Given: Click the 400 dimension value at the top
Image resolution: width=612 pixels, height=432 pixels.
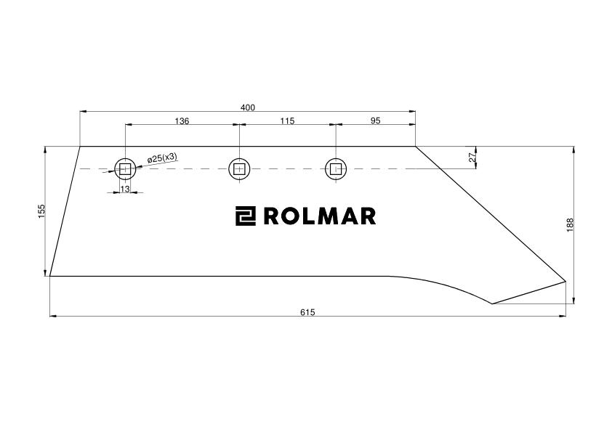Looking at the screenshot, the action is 248,107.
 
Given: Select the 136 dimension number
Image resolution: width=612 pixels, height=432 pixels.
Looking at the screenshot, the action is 182,121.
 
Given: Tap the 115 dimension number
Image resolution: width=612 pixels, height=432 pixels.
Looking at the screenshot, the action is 287,121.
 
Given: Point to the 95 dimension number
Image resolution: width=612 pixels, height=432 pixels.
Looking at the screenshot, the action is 375,121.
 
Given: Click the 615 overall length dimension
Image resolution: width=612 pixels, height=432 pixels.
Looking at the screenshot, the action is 307,312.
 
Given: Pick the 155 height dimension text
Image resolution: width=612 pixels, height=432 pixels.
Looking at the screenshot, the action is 41,211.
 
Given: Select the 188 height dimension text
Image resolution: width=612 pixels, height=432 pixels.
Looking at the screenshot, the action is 570,225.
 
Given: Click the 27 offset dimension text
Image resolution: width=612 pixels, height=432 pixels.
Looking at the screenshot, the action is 472,158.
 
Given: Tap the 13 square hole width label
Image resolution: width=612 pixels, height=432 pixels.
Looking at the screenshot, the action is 125,189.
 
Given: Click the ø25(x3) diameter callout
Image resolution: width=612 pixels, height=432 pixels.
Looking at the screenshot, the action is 162,158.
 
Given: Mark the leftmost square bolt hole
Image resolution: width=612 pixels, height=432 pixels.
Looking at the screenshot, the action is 125,169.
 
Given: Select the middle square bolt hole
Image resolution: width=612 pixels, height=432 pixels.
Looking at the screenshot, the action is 239,169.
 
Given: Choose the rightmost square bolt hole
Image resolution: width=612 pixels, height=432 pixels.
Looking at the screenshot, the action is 336,169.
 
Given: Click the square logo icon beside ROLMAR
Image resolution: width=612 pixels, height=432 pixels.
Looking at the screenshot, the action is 246,216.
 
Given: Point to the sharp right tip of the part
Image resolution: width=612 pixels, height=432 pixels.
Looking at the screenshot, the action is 565,281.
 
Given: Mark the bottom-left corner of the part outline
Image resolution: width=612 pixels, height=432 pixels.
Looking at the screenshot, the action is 50,276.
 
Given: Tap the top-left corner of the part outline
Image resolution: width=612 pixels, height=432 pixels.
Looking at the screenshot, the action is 80,147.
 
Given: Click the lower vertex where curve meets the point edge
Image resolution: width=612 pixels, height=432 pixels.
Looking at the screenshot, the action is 492,303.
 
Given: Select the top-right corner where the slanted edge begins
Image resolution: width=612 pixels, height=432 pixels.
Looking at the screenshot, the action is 415,147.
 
